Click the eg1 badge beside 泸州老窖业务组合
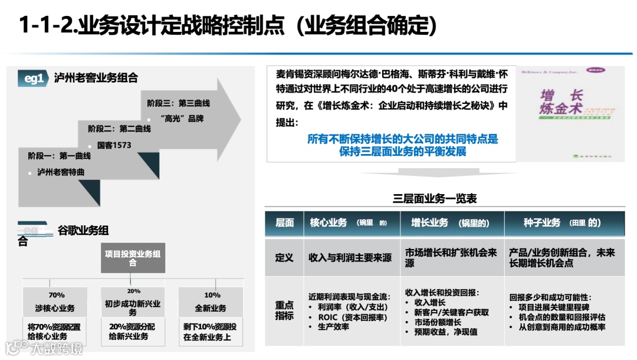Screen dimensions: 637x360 pos(34,78)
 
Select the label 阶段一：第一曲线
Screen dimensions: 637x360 pos(59,156)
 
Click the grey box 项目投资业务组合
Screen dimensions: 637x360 pos(132,258)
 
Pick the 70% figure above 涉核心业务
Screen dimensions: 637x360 pos(57,295)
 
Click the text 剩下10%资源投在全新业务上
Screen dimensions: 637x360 pos(210,332)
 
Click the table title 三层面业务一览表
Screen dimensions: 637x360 pos(435,199)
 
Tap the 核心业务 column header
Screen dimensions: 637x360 pos(348,223)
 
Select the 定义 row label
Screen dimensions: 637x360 pos(284,257)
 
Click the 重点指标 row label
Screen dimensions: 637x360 pos(284,310)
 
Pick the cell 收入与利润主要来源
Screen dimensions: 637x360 pos(350,258)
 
